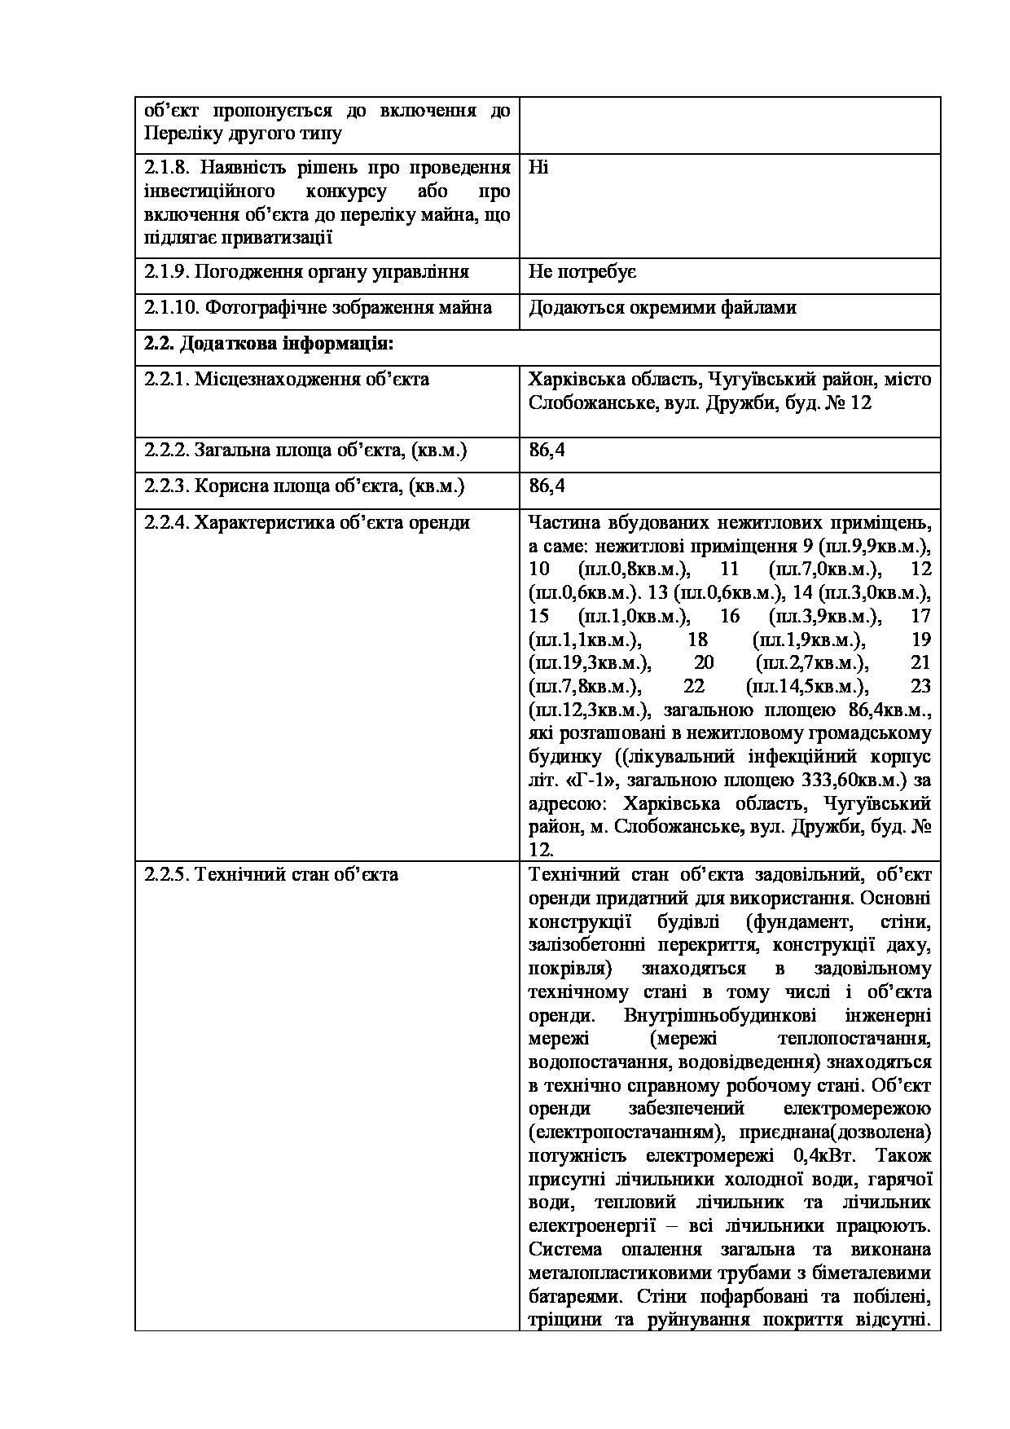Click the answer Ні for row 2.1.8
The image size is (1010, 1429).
click(x=538, y=168)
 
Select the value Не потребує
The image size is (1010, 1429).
click(x=582, y=272)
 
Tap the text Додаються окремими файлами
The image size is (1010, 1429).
click(x=662, y=308)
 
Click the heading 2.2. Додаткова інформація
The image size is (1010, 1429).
click(x=269, y=344)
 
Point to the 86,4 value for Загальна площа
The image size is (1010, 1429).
click(x=547, y=451)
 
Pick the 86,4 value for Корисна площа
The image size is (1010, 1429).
click(x=547, y=486)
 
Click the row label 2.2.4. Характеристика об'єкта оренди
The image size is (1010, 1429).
click(x=307, y=522)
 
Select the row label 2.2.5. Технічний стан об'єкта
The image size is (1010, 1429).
click(x=271, y=875)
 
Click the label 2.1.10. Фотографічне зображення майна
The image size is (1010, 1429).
click(x=318, y=308)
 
